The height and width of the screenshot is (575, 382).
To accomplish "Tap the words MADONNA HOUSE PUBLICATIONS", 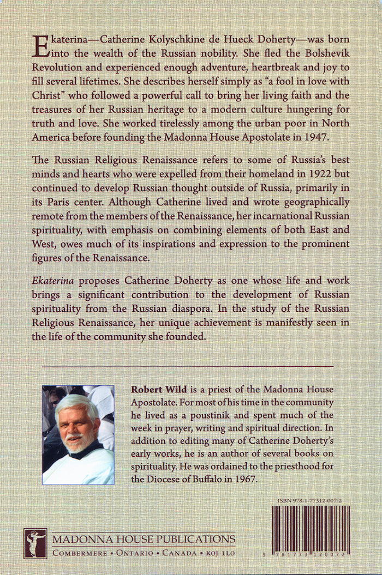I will (144, 540).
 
